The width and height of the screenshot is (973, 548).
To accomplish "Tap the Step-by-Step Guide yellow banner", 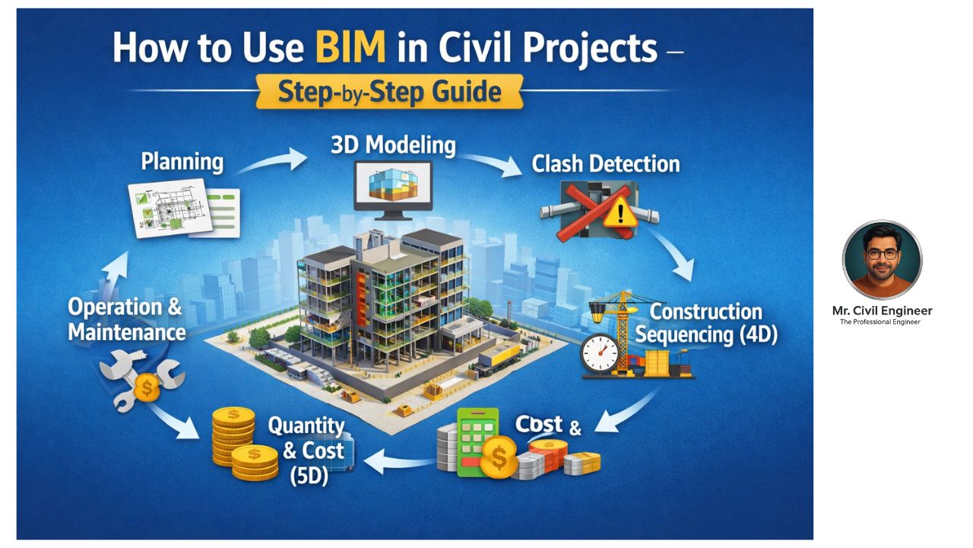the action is pyautogui.click(x=390, y=91).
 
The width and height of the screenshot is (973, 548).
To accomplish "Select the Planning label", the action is pyautogui.click(x=182, y=162).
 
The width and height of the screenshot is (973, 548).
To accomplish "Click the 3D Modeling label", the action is pyautogui.click(x=393, y=145).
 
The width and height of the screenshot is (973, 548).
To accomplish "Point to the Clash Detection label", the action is pyautogui.click(x=606, y=164).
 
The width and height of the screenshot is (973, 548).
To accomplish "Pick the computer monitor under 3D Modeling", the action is pyautogui.click(x=393, y=190).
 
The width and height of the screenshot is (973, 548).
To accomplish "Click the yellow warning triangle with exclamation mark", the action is pyautogui.click(x=620, y=212).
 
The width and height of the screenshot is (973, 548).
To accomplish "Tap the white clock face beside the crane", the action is pyautogui.click(x=600, y=352).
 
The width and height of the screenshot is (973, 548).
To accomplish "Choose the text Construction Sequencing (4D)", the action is pyautogui.click(x=706, y=323).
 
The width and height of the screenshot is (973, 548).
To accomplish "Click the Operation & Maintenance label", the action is pyautogui.click(x=127, y=320).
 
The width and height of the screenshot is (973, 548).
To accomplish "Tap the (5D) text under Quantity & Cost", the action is pyautogui.click(x=309, y=476).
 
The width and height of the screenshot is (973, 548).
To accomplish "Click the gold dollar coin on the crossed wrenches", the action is pyautogui.click(x=147, y=387).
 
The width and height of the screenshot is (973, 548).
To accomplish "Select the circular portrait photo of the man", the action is pyautogui.click(x=882, y=260).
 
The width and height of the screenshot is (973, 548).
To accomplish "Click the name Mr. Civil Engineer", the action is pyautogui.click(x=882, y=311).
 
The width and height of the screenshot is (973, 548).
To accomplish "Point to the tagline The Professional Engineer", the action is pyautogui.click(x=880, y=322).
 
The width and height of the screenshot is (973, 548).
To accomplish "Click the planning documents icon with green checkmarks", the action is pyautogui.click(x=183, y=208).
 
